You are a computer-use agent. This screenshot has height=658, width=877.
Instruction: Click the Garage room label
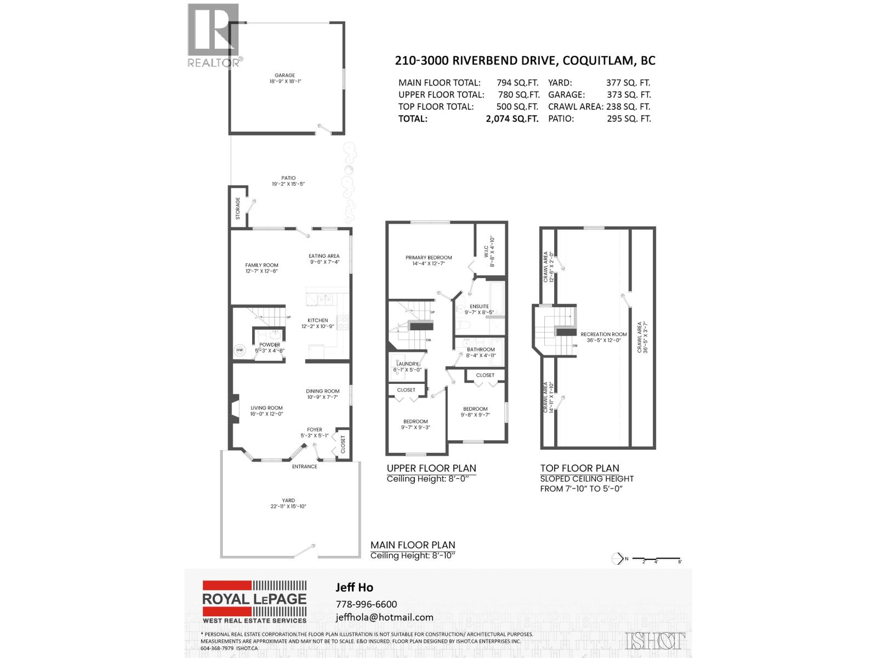point(285,75)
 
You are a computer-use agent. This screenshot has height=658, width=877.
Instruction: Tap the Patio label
point(288,178)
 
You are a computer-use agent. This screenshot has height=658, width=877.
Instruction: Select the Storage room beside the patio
point(238,208)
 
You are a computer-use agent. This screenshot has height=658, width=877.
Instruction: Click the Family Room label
point(262,265)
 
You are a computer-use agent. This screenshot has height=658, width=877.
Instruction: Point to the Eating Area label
point(324,256)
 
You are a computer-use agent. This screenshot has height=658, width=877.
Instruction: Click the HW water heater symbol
point(240,350)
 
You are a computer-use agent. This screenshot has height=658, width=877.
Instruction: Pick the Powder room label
point(270,345)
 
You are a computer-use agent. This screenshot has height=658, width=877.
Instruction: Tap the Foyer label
point(315,430)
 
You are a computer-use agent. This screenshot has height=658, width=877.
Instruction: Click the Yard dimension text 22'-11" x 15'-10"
point(288,507)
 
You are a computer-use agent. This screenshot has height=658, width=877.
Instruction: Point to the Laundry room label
point(407,364)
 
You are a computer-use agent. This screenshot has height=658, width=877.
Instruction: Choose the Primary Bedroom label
point(429,257)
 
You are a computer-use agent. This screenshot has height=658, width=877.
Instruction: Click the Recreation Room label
point(604,334)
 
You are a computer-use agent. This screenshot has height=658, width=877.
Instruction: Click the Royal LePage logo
point(254,602)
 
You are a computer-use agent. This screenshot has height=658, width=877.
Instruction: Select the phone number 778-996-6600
point(366,604)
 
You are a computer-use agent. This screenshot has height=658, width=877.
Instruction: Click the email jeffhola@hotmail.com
point(384,617)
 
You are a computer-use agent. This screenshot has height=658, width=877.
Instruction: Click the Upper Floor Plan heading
point(431,468)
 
